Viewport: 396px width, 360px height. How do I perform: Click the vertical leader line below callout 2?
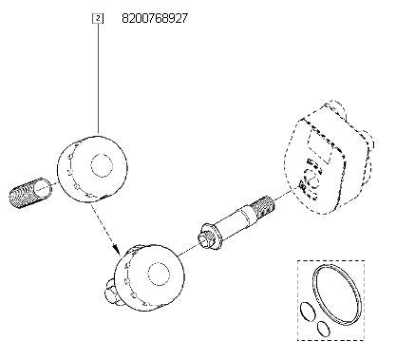(99, 76)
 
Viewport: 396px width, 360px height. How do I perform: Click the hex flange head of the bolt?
(208, 235)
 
